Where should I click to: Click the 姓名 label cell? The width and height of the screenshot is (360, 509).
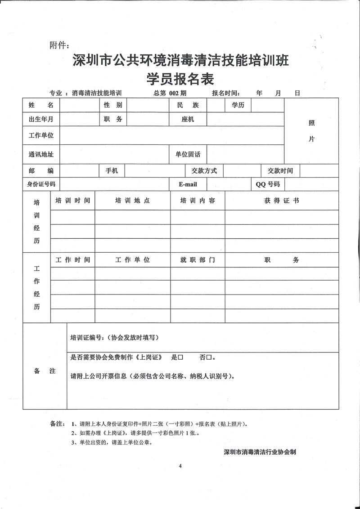pos(41,105)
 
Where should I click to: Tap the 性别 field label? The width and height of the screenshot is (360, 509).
pos(113,105)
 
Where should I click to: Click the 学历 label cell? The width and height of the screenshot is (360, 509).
pos(238,105)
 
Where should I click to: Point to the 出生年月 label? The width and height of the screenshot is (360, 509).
pos(41,119)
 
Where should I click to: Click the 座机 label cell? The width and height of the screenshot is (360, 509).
pos(188,119)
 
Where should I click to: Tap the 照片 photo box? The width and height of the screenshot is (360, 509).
pos(311,131)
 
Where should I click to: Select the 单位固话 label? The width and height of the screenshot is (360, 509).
pos(188,155)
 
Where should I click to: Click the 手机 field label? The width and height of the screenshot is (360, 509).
pos(112,171)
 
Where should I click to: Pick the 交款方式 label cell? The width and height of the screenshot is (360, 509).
pos(204,171)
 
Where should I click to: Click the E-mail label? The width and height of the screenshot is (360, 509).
pos(188,184)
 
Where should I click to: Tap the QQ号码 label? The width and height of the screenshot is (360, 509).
pos(268,184)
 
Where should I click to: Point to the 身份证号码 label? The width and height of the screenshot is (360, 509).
pos(41,184)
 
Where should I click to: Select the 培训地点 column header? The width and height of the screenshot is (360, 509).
pos(132,201)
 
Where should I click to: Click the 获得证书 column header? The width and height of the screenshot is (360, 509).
pos(281,201)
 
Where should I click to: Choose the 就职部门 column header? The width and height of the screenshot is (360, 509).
pos(197,260)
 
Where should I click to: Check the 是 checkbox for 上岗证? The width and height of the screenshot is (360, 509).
pos(180,358)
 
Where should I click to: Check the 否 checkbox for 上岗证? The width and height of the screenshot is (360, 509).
pos(208,358)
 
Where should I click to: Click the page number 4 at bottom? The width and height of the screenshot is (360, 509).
pos(180,466)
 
